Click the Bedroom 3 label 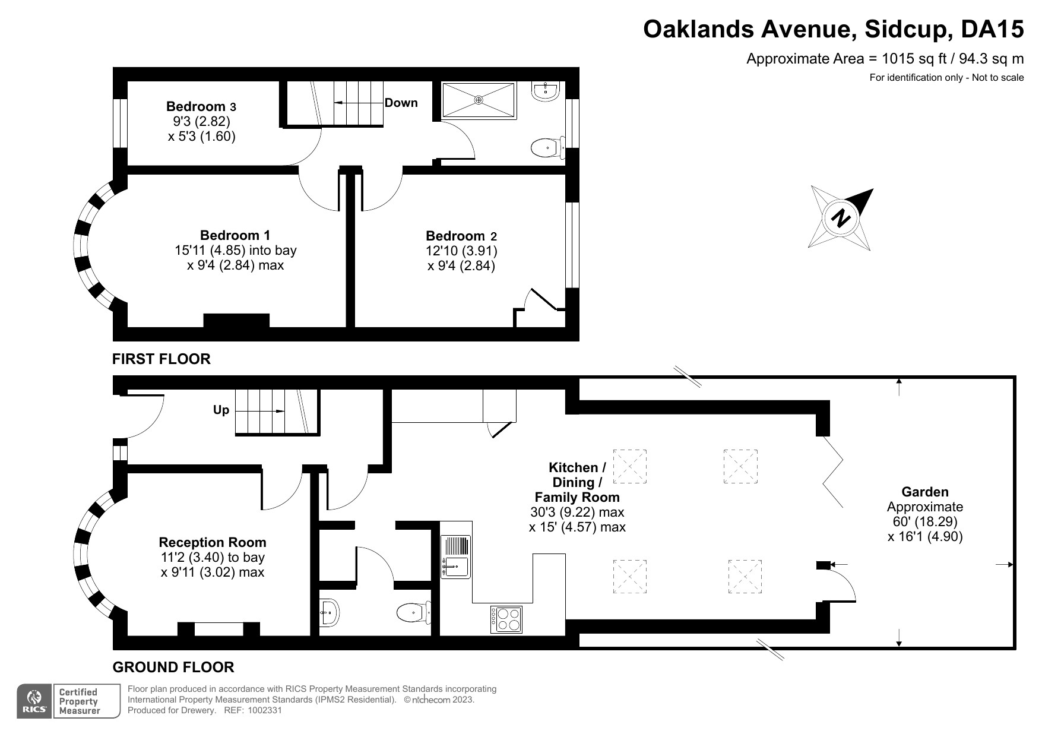click(201, 107)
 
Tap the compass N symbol click(840, 218)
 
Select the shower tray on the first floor click(479, 100)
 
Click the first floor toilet click(546, 148)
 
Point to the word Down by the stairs click(401, 103)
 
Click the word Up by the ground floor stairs click(221, 410)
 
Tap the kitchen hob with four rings click(506, 619)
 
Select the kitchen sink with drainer click(455, 556)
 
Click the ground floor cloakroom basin click(329, 612)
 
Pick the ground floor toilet click(413, 612)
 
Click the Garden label click(924, 492)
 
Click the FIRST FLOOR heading click(161, 359)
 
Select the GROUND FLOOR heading click(173, 668)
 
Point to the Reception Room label click(212, 542)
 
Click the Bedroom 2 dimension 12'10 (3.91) click(461, 251)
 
